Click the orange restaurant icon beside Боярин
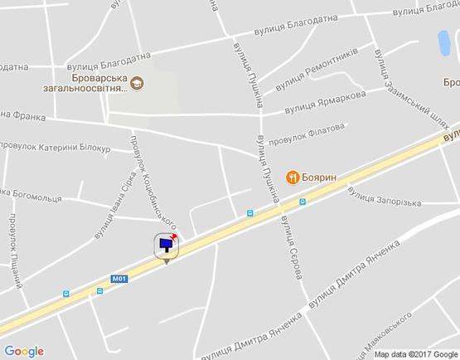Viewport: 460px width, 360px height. click(293, 176)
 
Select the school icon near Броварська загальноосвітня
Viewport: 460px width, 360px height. click(136, 83)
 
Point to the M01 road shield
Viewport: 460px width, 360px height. click(121, 280)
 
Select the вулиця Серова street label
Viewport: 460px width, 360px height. click(294, 242)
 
